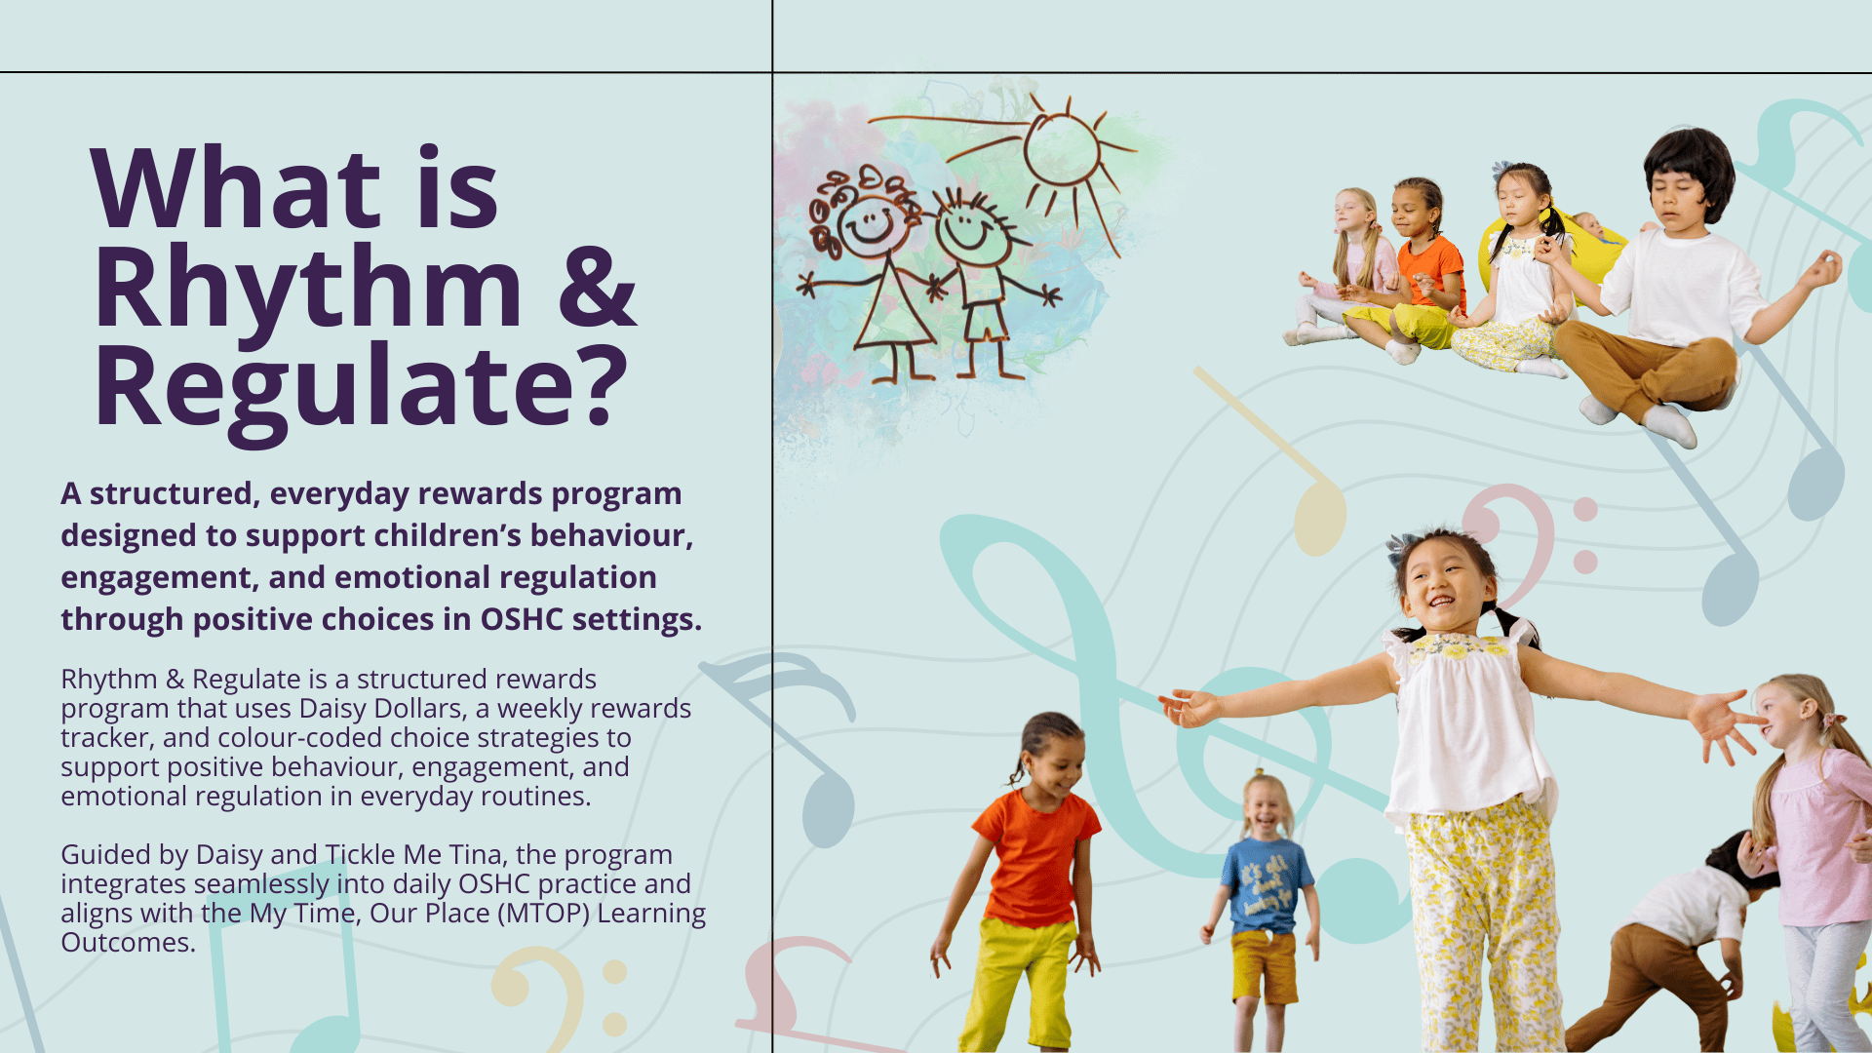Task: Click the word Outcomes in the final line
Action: point(128,943)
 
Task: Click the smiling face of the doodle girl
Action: point(868,225)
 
